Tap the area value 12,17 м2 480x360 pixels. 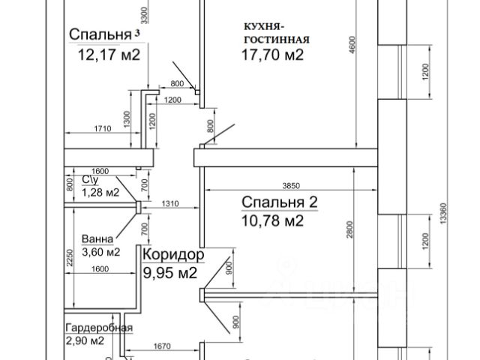click(x=109, y=54)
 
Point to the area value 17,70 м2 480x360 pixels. click(x=272, y=55)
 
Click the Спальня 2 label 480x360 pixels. click(x=280, y=202)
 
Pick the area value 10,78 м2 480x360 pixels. click(x=272, y=220)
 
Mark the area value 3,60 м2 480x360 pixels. click(x=101, y=251)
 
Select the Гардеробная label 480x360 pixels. click(x=99, y=328)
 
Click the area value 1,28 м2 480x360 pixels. click(x=100, y=192)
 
